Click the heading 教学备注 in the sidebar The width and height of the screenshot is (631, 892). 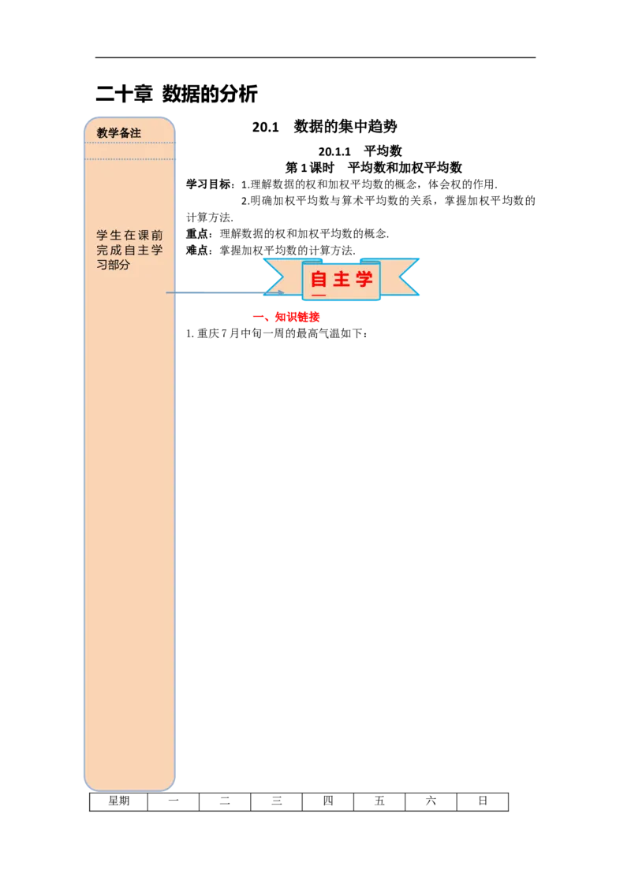tap(119, 133)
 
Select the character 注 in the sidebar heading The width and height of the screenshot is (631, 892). tap(136, 133)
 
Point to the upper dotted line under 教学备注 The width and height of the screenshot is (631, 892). tap(130, 143)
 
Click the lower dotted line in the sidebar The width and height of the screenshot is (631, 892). tap(130, 159)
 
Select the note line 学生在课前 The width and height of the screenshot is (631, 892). tap(130, 236)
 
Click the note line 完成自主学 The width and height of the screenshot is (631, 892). tap(130, 251)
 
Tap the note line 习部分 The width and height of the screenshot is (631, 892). tap(114, 266)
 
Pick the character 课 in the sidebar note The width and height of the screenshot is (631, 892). tap(144, 236)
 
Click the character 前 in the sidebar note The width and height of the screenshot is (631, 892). tap(158, 236)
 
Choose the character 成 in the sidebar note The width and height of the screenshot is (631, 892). tap(116, 251)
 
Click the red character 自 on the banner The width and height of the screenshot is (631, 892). tap(319, 279)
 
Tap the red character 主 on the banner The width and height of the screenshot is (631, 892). tap(342, 279)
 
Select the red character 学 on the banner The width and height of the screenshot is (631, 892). tap(364, 279)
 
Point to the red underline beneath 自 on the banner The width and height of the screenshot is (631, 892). tap(319, 295)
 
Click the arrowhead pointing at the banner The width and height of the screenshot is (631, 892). tap(280, 293)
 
